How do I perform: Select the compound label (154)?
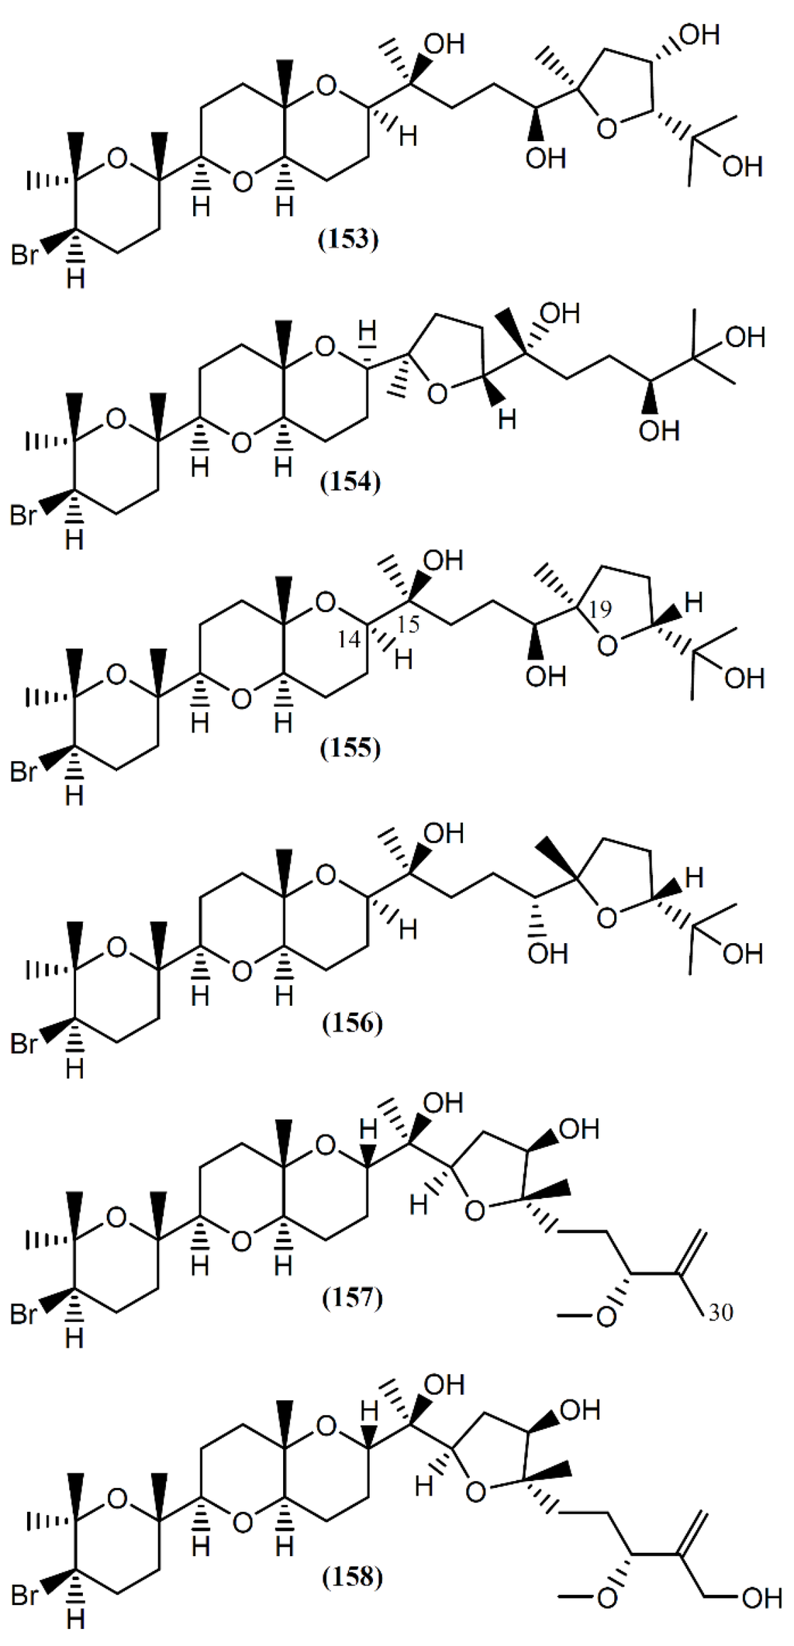(x=350, y=484)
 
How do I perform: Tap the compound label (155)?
(x=351, y=749)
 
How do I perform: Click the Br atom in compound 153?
(x=23, y=255)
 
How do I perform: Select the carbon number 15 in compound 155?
(x=409, y=624)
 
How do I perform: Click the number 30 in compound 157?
(x=720, y=1312)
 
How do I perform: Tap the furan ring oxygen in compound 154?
(x=437, y=396)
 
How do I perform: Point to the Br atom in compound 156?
(x=23, y=1043)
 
